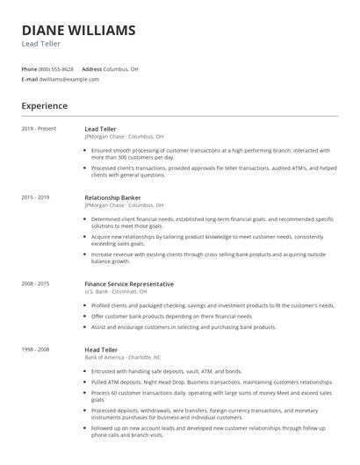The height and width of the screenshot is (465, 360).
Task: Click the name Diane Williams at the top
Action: tap(79, 31)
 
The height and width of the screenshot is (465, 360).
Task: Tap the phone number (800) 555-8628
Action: tap(56, 68)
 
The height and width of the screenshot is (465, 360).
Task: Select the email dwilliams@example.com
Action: tap(69, 79)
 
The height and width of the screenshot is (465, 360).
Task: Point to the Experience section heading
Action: tap(45, 106)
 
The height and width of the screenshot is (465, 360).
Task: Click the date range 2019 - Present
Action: tap(39, 129)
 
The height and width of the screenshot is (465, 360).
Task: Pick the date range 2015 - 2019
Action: tap(36, 197)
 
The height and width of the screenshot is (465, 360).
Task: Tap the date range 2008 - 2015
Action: tap(36, 284)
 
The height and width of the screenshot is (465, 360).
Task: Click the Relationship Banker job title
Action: tap(112, 197)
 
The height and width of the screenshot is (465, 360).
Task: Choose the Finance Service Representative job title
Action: tap(129, 284)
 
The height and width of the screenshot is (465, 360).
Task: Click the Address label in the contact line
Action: tap(92, 68)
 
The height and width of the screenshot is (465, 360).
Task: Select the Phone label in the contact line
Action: tap(29, 68)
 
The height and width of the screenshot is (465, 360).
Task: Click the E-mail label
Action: tap(29, 79)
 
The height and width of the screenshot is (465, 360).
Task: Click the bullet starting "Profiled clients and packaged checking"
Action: tap(211, 305)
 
